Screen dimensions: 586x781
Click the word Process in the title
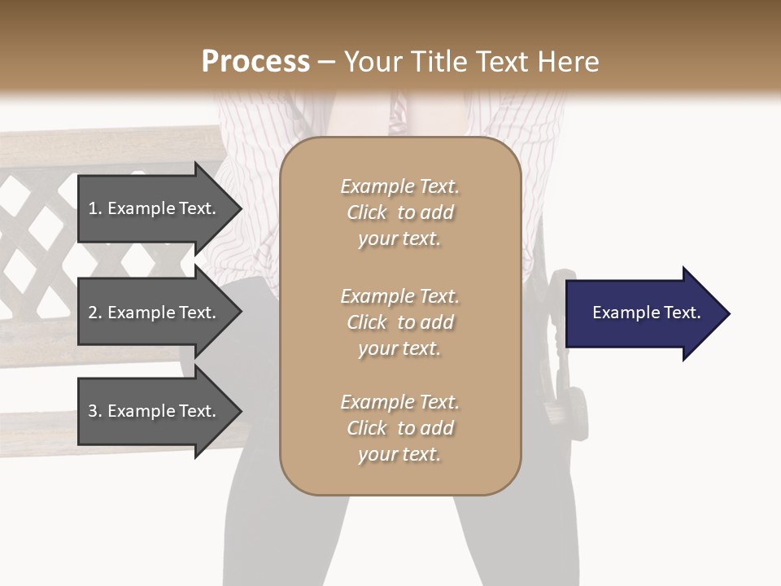(x=255, y=62)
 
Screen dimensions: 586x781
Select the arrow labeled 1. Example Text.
(x=152, y=208)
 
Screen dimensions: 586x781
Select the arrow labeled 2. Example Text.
(x=152, y=313)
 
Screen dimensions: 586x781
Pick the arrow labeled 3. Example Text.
(x=152, y=411)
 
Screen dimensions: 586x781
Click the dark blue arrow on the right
(x=643, y=313)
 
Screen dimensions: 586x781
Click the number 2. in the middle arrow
(x=95, y=313)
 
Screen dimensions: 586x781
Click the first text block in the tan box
(x=399, y=212)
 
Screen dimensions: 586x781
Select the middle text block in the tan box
(x=399, y=322)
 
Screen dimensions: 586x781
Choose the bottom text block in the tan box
(x=399, y=428)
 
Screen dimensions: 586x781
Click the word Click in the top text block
(x=367, y=212)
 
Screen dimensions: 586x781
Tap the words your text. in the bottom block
(x=399, y=454)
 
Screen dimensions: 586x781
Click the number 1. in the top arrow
(x=95, y=208)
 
